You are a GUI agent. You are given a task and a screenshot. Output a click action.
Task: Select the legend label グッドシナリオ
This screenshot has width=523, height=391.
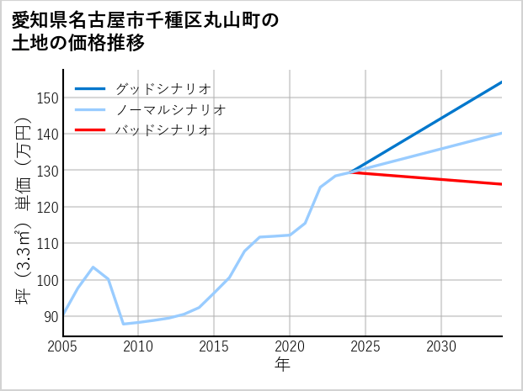pyautogui.click(x=163, y=88)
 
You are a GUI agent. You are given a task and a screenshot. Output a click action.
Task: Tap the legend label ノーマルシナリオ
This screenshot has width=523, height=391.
pyautogui.click(x=170, y=109)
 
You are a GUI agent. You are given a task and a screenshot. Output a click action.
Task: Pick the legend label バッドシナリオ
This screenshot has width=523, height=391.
pyautogui.click(x=163, y=130)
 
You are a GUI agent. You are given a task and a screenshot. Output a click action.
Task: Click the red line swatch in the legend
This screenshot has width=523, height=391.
pyautogui.click(x=90, y=130)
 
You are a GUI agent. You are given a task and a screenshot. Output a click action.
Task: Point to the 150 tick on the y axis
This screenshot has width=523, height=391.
pyautogui.click(x=47, y=98)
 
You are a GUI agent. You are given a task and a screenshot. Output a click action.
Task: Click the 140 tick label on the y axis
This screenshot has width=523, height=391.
pyautogui.click(x=47, y=135)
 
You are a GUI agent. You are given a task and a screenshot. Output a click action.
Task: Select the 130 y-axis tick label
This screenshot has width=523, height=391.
pyautogui.click(x=47, y=171)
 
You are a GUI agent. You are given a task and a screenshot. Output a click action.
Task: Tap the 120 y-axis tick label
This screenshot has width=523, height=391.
pyautogui.click(x=47, y=207)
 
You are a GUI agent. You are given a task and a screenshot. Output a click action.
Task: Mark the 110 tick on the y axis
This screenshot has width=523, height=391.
pyautogui.click(x=47, y=244)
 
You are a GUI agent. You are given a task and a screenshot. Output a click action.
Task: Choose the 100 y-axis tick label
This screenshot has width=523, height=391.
pyautogui.click(x=47, y=280)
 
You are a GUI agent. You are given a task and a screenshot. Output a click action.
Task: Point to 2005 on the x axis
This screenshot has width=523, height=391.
pyautogui.click(x=62, y=346)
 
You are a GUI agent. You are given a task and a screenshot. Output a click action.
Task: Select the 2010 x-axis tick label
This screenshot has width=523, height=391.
pyautogui.click(x=138, y=346)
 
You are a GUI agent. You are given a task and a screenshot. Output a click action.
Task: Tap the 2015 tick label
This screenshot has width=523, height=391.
pyautogui.click(x=214, y=346)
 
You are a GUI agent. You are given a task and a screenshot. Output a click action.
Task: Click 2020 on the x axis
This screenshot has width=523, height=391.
pyautogui.click(x=290, y=346)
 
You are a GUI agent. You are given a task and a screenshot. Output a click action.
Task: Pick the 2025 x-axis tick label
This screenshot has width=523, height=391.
pyautogui.click(x=366, y=346)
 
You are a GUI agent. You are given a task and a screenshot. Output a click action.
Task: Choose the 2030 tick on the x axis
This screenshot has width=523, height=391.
pyautogui.click(x=441, y=346)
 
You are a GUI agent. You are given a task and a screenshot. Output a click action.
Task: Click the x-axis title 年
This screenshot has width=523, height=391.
pyautogui.click(x=282, y=364)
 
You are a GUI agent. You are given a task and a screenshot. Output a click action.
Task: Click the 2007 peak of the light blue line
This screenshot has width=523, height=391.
pyautogui.click(x=93, y=267)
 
